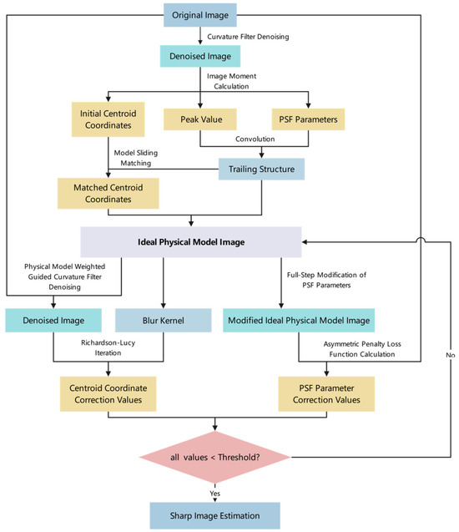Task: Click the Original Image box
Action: (200, 15)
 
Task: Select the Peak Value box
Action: (200, 119)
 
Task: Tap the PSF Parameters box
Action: (308, 119)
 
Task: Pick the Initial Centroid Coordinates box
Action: (108, 119)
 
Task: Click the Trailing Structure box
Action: (261, 169)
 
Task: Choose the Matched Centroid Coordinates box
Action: (108, 194)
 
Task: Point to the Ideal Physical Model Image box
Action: (191, 242)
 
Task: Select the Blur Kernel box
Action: (164, 321)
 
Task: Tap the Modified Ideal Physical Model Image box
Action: (299, 321)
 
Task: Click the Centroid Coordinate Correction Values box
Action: (108, 394)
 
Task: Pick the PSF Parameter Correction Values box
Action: (326, 394)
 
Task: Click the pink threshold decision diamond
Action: (215, 458)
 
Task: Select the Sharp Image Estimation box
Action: (215, 516)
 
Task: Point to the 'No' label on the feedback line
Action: (450, 355)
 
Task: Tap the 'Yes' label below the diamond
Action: (215, 494)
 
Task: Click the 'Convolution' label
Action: (255, 139)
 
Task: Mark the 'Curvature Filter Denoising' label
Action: (248, 37)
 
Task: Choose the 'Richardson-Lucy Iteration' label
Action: (108, 347)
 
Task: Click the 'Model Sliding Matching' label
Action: (135, 158)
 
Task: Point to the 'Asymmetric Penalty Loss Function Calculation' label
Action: (362, 349)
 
